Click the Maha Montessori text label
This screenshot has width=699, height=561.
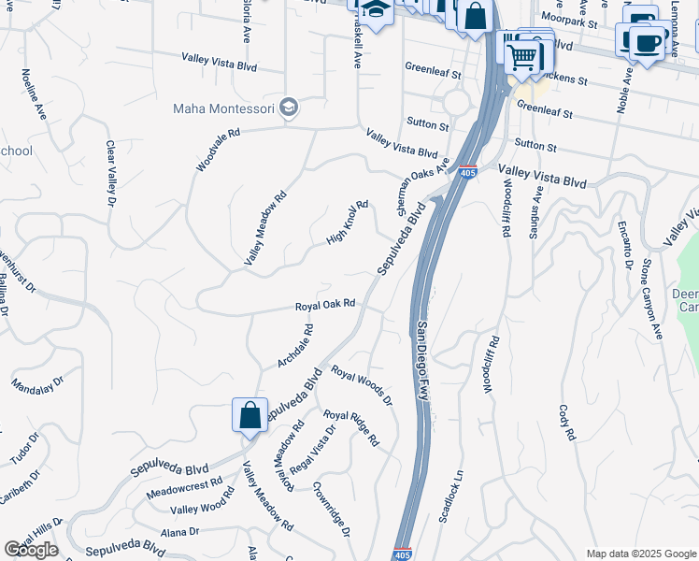(x=223, y=109)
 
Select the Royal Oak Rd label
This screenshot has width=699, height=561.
(x=325, y=305)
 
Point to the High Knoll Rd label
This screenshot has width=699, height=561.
(x=348, y=223)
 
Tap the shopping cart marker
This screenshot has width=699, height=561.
(x=523, y=55)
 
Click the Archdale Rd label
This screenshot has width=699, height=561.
(x=295, y=346)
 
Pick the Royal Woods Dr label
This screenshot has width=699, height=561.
(x=362, y=386)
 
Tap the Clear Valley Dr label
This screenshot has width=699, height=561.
(x=111, y=173)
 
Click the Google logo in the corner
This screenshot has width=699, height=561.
(x=31, y=550)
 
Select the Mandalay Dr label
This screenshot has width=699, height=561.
(x=37, y=384)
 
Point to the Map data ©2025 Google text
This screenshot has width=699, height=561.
(x=640, y=554)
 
